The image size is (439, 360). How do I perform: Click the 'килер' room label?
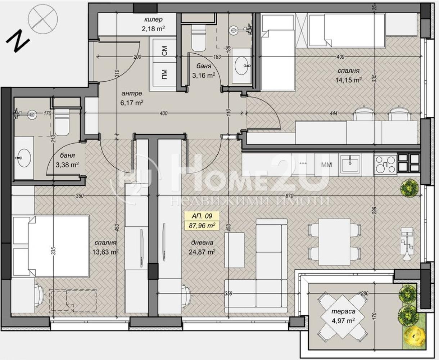pos(153,20)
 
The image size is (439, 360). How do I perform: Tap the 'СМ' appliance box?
pos(164,50)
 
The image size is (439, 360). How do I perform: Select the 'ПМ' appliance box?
pos(164,74)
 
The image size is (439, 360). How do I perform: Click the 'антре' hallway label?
pos(132,94)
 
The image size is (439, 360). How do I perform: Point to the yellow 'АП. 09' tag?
pos(202,216)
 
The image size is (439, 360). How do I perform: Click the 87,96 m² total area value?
pos(202,225)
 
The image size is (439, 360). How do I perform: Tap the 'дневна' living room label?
pos(202,243)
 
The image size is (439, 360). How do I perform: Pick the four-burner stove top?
pos(385,165)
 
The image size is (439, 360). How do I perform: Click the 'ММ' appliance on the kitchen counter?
pos(326,165)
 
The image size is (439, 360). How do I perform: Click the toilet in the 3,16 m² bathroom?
pos(199,38)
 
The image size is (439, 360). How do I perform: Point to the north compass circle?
pos(43,19)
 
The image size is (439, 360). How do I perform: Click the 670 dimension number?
pos(289,196)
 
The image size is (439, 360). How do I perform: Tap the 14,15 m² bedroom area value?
pos(348,80)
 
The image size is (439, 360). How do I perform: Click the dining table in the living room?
pos(334,242)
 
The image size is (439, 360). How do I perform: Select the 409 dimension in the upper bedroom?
pos(340,57)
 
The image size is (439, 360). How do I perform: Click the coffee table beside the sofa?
pos(234,250)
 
